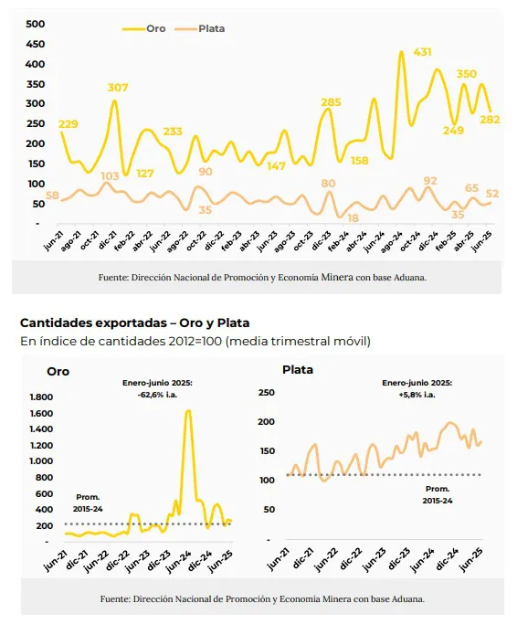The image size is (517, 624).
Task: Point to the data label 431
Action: click(x=422, y=52)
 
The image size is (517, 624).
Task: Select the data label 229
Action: click(x=69, y=124)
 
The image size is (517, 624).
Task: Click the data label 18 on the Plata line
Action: click(x=353, y=219)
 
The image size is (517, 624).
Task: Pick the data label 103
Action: click(x=110, y=175)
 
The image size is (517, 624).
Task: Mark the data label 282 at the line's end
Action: click(x=490, y=120)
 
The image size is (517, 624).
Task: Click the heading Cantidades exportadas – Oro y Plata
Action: click(x=134, y=323)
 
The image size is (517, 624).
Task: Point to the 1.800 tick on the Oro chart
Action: click(x=42, y=397)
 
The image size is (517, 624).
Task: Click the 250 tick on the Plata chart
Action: click(x=267, y=392)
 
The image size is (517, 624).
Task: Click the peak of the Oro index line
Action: click(x=188, y=411)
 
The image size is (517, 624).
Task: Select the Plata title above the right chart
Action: click(x=298, y=371)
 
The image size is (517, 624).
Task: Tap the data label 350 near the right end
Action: click(x=467, y=74)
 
